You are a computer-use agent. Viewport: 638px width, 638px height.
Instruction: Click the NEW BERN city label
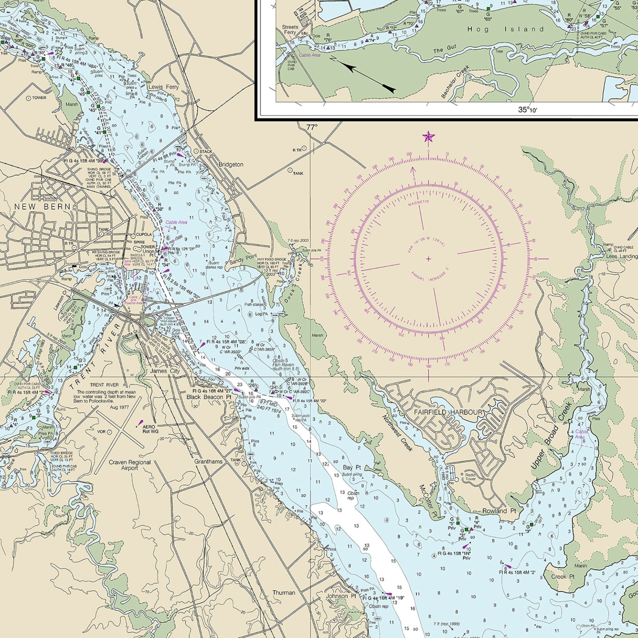click(x=43, y=207)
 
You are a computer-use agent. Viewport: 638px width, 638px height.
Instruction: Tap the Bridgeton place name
click(x=231, y=164)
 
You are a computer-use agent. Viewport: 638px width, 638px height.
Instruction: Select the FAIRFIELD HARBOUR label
click(x=449, y=412)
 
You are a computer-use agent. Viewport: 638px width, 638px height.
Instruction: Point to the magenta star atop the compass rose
click(x=428, y=137)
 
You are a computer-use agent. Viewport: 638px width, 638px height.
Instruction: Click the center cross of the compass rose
click(x=428, y=259)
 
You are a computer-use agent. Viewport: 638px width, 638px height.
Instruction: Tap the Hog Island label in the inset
click(x=505, y=29)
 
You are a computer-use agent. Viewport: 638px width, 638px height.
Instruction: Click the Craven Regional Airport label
click(x=130, y=465)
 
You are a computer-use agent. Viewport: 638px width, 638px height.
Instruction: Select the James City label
click(x=165, y=371)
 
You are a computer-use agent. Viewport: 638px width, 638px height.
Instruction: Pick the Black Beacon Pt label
click(x=209, y=397)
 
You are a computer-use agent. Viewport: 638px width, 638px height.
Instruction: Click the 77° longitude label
click(x=312, y=127)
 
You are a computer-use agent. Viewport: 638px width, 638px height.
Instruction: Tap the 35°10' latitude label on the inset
click(x=527, y=109)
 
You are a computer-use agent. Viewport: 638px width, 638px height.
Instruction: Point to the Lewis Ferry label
click(x=164, y=87)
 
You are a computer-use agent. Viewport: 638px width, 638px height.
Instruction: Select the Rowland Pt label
click(x=499, y=511)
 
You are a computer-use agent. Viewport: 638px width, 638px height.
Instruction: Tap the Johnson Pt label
click(x=341, y=596)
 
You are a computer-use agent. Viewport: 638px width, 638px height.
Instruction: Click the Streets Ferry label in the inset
click(x=290, y=30)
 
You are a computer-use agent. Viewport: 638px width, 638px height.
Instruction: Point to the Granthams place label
click(x=208, y=462)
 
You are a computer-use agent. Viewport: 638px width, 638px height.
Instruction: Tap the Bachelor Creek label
click(x=455, y=82)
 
